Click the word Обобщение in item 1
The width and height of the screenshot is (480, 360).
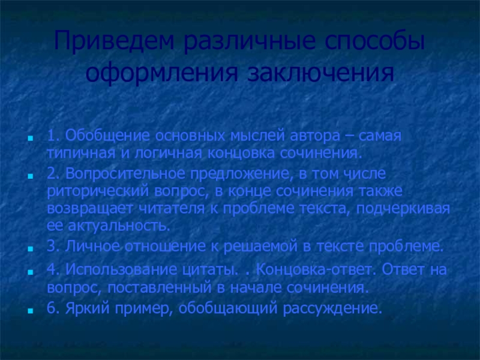tap(98, 136)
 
